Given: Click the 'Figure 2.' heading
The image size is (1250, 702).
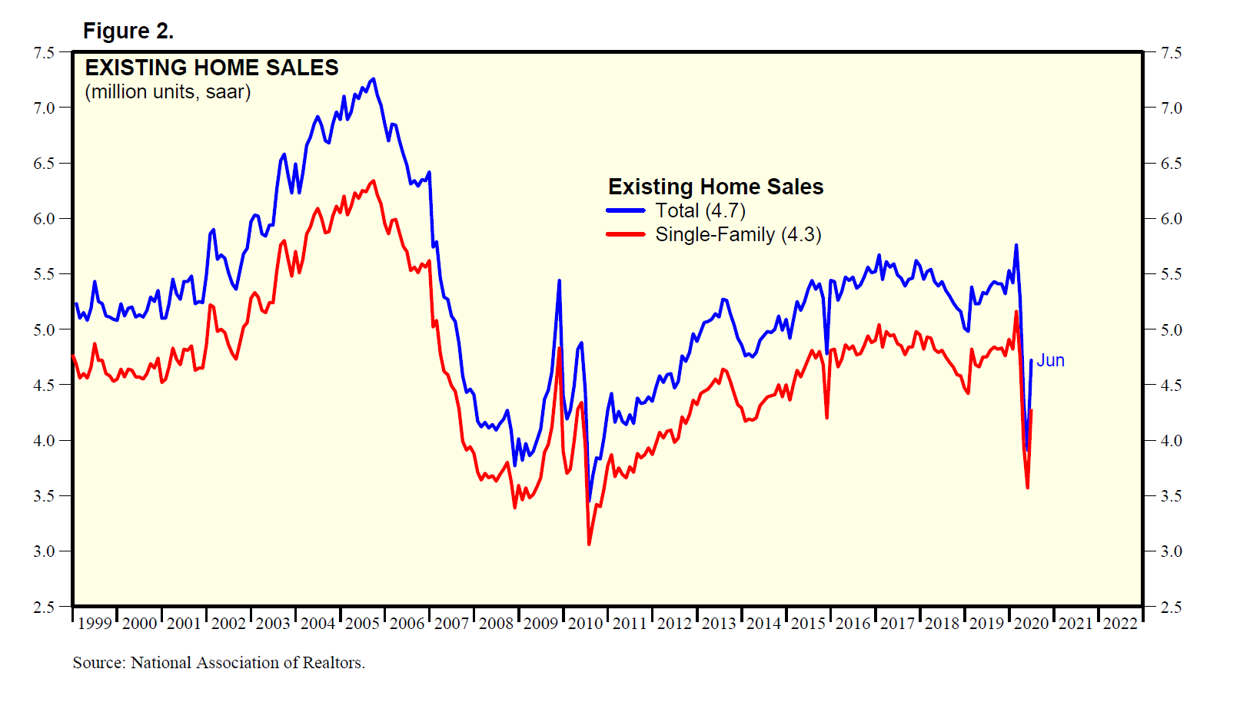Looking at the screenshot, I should (128, 31).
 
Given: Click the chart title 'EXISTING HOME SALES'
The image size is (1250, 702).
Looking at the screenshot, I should (211, 68).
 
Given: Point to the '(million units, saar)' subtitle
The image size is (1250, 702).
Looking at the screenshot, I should (168, 92).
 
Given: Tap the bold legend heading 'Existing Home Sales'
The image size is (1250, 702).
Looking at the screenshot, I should (715, 187).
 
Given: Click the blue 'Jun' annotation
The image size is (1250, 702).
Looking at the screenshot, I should (1050, 360).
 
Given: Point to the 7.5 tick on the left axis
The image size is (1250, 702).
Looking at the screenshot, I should (44, 52).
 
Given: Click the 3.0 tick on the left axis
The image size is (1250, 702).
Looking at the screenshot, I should (44, 551).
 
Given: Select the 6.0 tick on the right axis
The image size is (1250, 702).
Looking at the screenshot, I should (1171, 219).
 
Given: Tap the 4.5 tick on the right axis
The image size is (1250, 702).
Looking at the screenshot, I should (1171, 386).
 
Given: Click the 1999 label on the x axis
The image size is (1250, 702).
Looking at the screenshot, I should (95, 623).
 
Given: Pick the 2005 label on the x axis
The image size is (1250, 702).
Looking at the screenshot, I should (362, 623).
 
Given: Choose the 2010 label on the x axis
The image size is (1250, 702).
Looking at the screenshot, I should (585, 623).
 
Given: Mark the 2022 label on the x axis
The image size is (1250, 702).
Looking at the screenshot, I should (1120, 623).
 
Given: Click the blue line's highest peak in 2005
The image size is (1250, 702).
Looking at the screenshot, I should (374, 78).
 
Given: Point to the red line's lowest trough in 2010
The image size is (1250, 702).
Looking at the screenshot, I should (589, 545).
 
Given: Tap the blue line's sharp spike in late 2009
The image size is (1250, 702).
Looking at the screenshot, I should (559, 280).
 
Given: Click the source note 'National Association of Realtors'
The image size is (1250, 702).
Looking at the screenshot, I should (247, 663).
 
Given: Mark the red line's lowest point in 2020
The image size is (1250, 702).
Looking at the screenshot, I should (1028, 488).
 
